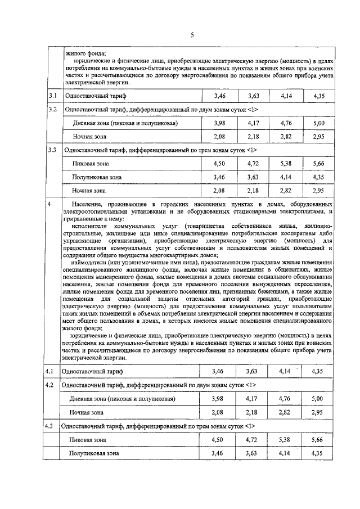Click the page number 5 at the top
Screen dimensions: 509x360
[192, 35]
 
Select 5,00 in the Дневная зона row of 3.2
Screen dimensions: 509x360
[319, 123]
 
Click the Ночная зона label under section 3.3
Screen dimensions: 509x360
[89, 191]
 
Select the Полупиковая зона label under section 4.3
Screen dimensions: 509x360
[94, 453]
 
